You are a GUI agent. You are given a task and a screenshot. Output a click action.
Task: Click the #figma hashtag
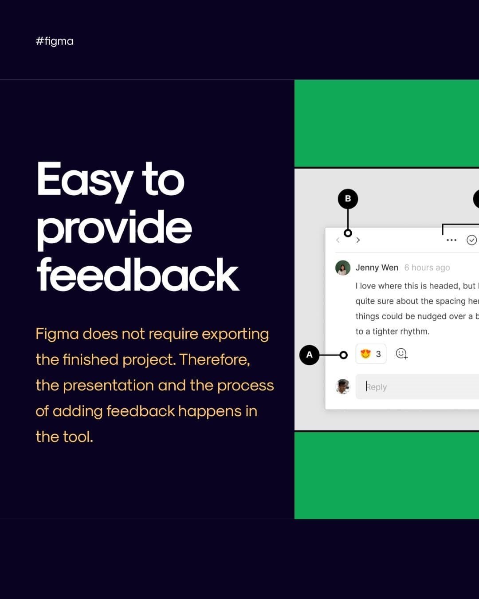pyautogui.click(x=55, y=41)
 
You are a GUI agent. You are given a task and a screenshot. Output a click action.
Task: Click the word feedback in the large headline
pyautogui.click(x=138, y=275)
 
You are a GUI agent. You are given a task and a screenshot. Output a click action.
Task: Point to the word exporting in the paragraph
pyautogui.click(x=235, y=335)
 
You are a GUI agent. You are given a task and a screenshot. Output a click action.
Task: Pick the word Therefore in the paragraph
pyautogui.click(x=215, y=359)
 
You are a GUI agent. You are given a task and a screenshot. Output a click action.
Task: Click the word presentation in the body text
pyautogui.click(x=109, y=386)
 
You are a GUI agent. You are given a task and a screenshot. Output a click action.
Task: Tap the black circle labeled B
pyautogui.click(x=348, y=199)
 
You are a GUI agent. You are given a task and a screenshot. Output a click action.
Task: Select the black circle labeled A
pyautogui.click(x=309, y=355)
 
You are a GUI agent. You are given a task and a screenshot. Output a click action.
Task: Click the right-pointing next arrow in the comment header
pyautogui.click(x=358, y=240)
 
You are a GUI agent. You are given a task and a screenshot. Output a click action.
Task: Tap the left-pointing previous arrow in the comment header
pyautogui.click(x=338, y=240)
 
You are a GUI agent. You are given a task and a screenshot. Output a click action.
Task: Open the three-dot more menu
pyautogui.click(x=452, y=240)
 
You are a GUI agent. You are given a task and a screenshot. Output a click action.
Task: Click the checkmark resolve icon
pyautogui.click(x=471, y=240)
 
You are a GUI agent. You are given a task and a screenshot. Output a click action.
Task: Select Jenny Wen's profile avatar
pyautogui.click(x=343, y=268)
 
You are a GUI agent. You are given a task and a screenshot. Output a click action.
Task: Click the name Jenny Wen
pyautogui.click(x=377, y=268)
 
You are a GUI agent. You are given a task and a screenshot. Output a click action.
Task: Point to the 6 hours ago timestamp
pyautogui.click(x=427, y=268)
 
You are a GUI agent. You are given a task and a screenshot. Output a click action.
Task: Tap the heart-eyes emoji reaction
pyautogui.click(x=366, y=354)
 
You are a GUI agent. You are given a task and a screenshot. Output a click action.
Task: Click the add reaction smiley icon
pyautogui.click(x=402, y=354)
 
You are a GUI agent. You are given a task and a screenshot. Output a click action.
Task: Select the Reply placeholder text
pyautogui.click(x=376, y=386)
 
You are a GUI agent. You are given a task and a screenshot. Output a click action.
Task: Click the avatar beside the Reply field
pyautogui.click(x=343, y=386)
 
